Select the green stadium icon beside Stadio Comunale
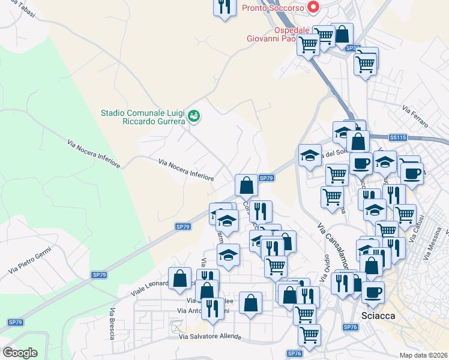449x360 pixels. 194,116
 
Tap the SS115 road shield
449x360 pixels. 397,137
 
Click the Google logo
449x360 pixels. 20,352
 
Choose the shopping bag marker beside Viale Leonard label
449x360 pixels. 180,278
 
